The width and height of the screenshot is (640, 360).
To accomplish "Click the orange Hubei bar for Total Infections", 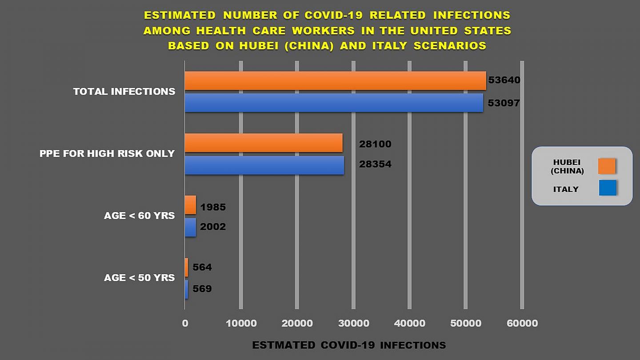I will [335, 81].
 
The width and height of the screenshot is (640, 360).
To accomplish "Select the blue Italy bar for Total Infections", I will [333, 103].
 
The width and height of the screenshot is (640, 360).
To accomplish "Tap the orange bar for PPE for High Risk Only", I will [263, 143].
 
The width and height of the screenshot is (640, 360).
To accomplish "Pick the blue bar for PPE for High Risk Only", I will [264, 165].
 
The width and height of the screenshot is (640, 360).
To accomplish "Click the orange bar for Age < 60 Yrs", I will [190, 205].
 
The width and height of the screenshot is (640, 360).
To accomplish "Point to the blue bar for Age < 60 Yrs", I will [190, 227].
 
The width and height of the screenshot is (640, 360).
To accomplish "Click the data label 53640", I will [504, 80].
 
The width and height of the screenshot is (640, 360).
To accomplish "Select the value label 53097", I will [504, 103].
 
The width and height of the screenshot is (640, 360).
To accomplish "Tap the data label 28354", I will [375, 164].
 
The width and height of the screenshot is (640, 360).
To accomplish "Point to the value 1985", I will [213, 207].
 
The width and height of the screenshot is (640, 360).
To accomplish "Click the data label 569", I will [202, 289].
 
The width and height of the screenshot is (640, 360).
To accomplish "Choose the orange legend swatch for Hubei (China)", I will [607, 166].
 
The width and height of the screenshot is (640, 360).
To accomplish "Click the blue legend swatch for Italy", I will [607, 188].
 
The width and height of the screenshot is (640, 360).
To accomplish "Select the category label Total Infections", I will [124, 92].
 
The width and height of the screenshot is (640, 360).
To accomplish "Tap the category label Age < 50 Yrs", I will [139, 278].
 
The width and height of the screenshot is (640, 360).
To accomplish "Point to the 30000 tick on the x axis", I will [353, 324].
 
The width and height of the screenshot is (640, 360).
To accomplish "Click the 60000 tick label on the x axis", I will [522, 324].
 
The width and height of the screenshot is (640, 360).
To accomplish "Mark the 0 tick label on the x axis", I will [185, 324].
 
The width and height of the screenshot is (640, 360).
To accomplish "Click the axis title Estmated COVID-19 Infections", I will [349, 345].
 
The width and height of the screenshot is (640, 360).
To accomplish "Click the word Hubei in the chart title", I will [255, 46].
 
